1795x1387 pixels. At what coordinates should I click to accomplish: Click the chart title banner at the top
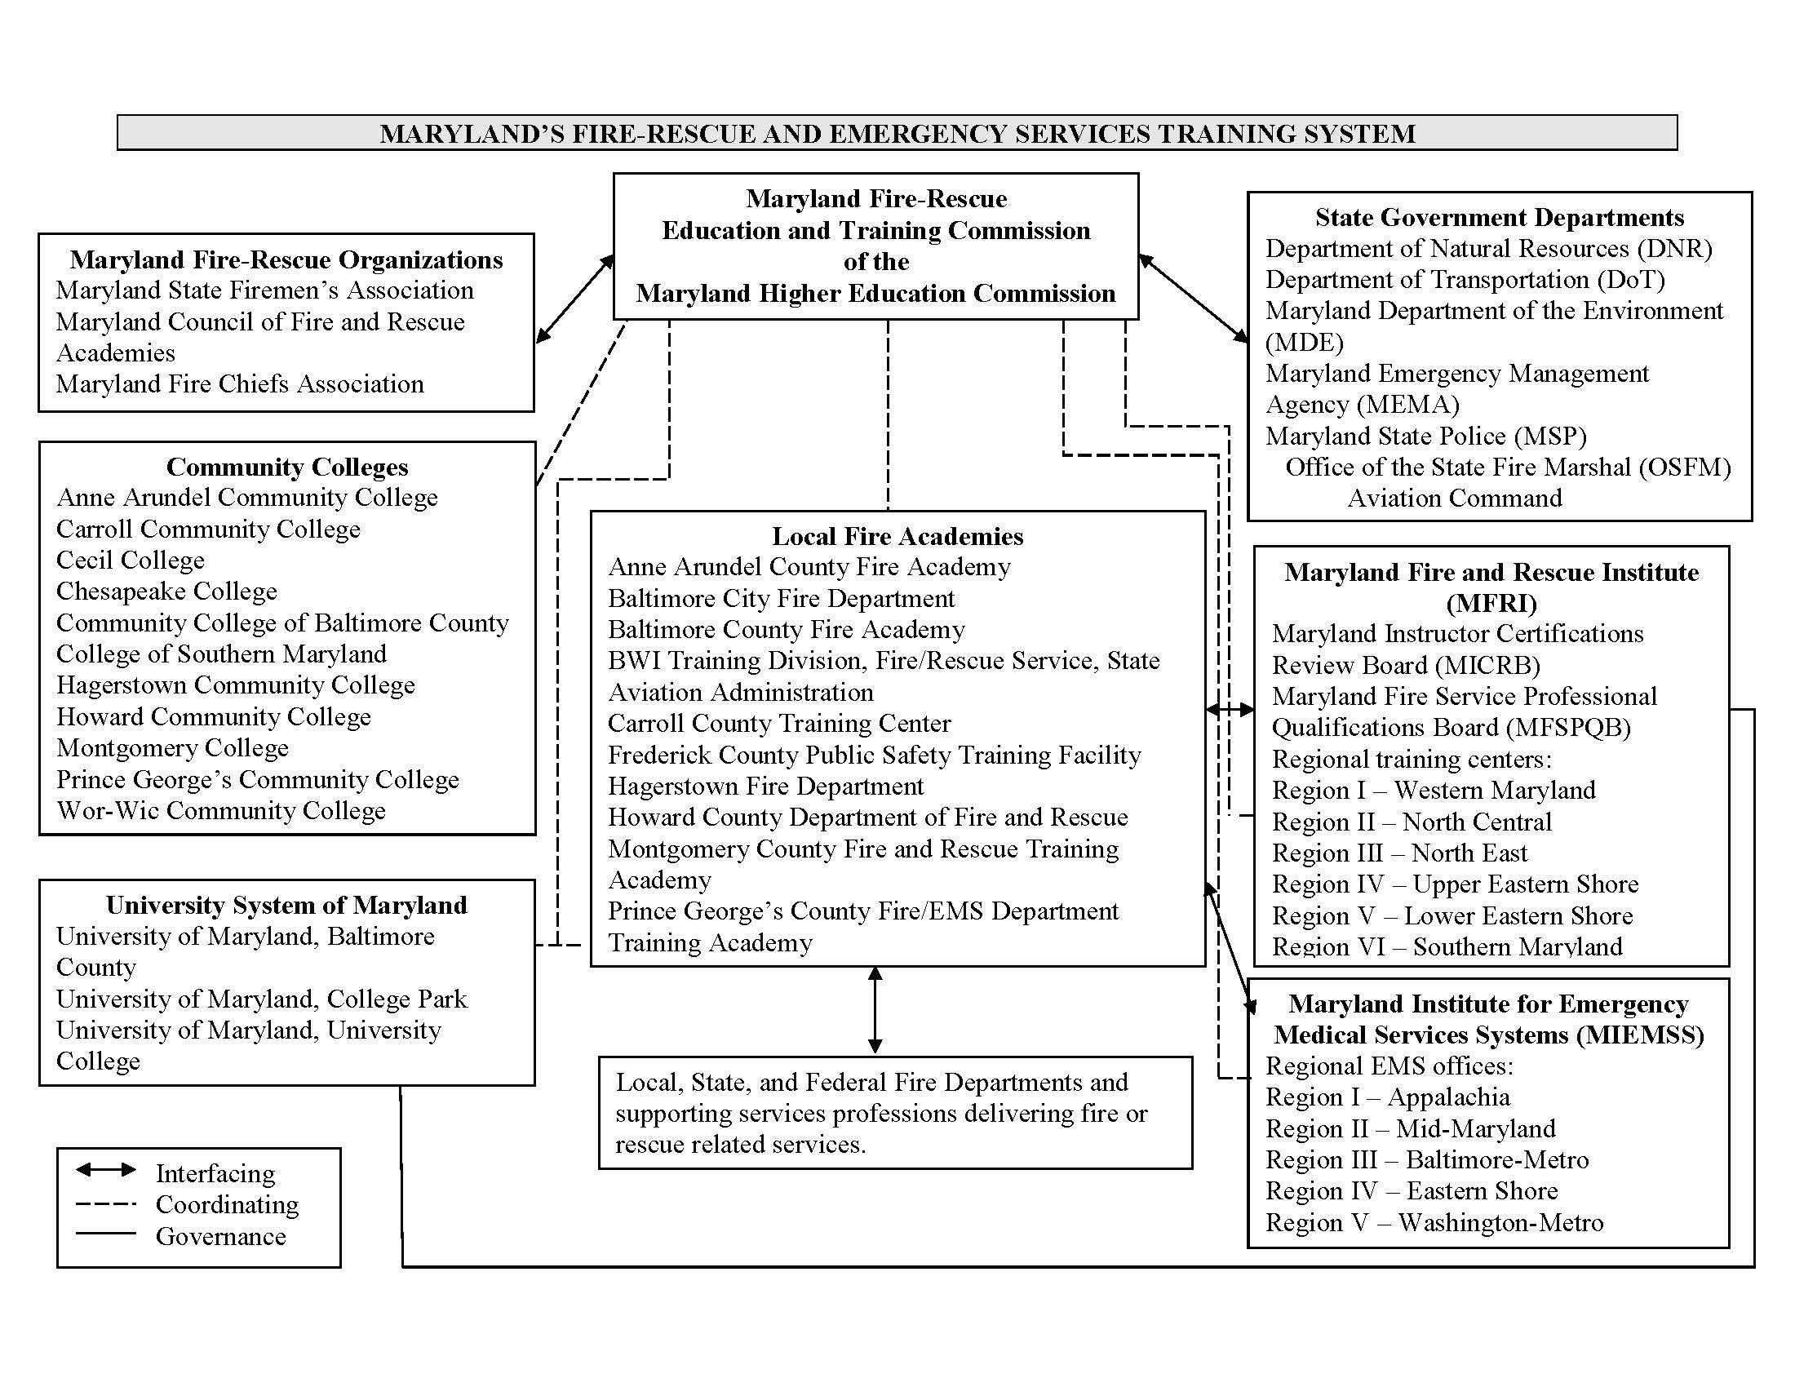click(x=897, y=133)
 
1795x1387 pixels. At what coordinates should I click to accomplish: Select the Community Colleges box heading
click(x=287, y=467)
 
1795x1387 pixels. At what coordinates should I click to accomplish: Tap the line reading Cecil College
click(x=130, y=561)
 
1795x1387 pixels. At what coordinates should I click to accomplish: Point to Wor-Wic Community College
click(x=220, y=811)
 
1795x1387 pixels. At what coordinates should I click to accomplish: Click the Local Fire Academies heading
click(x=897, y=537)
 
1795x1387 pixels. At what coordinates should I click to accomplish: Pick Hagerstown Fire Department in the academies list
click(x=765, y=787)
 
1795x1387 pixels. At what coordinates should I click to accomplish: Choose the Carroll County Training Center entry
click(x=778, y=724)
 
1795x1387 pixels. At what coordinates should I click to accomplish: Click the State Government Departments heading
click(x=1499, y=218)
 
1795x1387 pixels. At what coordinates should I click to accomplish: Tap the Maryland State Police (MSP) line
click(x=1425, y=436)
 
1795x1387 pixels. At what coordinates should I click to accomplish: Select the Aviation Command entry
click(x=1454, y=499)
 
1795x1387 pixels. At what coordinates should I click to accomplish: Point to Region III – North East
click(x=1398, y=853)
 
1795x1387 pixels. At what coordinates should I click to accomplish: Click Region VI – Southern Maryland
click(x=1447, y=946)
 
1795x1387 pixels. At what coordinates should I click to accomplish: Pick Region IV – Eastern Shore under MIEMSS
click(x=1412, y=1191)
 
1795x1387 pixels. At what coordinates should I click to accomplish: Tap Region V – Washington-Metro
click(x=1434, y=1223)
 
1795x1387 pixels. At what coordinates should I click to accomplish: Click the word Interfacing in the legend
click(x=215, y=1173)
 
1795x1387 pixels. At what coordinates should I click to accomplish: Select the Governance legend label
click(x=220, y=1237)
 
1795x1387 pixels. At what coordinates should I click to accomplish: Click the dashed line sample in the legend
click(x=105, y=1204)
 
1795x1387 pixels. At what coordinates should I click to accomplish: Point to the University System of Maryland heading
click(x=286, y=906)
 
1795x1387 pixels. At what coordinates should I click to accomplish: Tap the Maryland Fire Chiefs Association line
click(x=239, y=384)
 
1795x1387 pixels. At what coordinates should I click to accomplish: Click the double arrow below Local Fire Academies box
click(x=875, y=1010)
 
